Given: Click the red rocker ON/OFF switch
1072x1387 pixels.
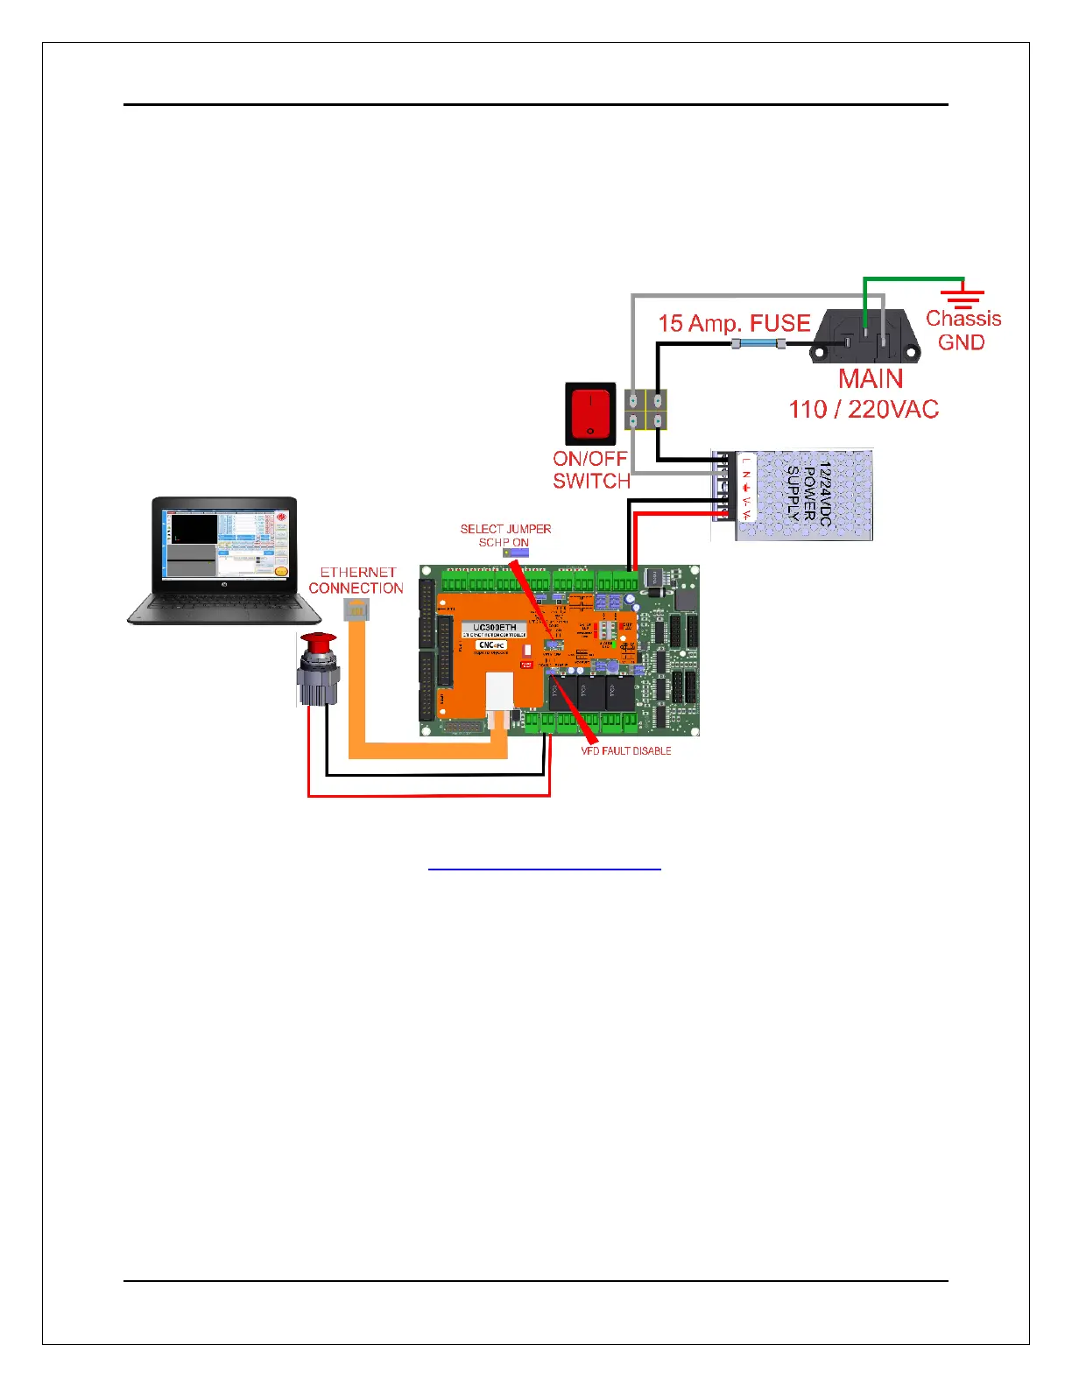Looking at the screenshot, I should click(590, 413).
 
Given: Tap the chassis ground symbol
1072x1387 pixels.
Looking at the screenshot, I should click(963, 297).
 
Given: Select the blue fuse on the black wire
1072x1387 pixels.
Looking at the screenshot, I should click(758, 344).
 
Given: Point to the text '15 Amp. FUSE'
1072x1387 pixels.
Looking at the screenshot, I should click(734, 323).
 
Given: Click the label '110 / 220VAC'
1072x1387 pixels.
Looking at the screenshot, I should click(864, 409).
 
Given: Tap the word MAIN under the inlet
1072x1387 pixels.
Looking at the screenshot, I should click(871, 379).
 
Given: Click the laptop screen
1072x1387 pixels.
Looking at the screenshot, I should click(225, 544).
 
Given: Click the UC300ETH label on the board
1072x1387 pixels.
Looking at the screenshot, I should click(494, 628).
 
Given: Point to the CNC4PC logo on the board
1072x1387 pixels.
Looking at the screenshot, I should click(491, 645).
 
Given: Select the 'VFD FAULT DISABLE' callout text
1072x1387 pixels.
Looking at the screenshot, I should click(626, 751).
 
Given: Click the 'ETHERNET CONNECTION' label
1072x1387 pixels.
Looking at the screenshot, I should click(356, 581).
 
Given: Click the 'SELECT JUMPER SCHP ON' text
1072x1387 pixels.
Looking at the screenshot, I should click(505, 535).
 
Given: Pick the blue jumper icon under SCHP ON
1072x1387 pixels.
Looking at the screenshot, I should click(515, 553).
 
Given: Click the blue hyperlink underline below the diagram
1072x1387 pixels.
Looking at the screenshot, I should click(544, 870).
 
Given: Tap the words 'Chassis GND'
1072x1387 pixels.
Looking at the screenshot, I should click(963, 330).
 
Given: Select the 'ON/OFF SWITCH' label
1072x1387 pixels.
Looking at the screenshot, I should click(591, 469).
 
